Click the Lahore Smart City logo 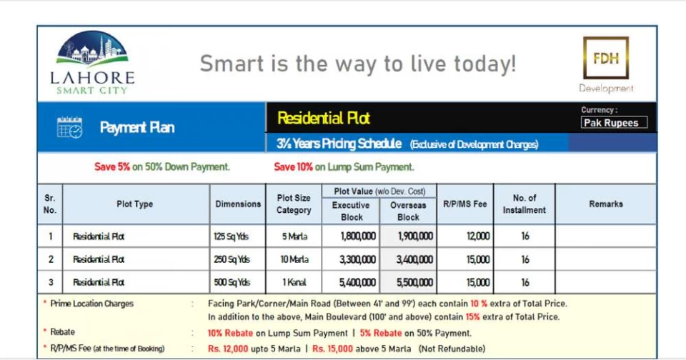92,63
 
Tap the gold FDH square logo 606,58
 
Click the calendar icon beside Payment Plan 69,127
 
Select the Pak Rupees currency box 614,123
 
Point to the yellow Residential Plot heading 323,118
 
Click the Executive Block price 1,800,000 358,236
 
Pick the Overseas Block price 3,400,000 414,259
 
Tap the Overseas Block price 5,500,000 414,283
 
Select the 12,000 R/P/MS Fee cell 478,236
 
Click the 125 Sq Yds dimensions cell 231,236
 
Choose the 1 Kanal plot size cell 294,283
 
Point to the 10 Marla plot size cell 294,259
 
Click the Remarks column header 605,204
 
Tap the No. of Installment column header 524,204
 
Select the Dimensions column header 237,204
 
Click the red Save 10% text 293,166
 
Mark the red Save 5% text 112,166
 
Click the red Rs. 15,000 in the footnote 332,349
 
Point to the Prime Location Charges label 91,304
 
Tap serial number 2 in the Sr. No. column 51,259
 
